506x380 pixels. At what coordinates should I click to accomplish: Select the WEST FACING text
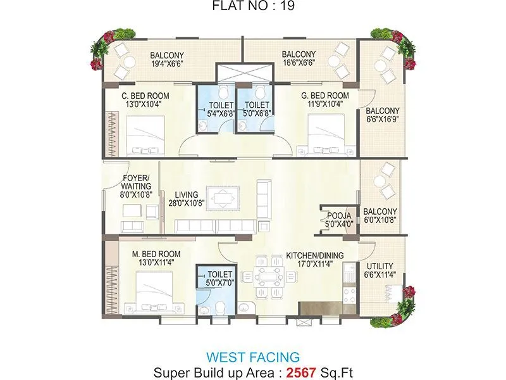click(x=253, y=357)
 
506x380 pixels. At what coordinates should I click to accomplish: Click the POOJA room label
click(x=339, y=216)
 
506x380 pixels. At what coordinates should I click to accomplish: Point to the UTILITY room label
click(x=379, y=265)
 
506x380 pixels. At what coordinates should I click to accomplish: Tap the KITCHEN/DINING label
click(x=314, y=255)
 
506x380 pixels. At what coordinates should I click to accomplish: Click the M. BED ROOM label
click(x=152, y=255)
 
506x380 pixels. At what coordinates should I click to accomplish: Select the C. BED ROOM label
click(x=145, y=96)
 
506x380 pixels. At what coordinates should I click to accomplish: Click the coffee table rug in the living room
click(x=225, y=198)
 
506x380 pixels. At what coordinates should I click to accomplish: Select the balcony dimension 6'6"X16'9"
click(x=383, y=120)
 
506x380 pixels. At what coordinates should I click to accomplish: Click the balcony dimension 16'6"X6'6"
click(x=299, y=63)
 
